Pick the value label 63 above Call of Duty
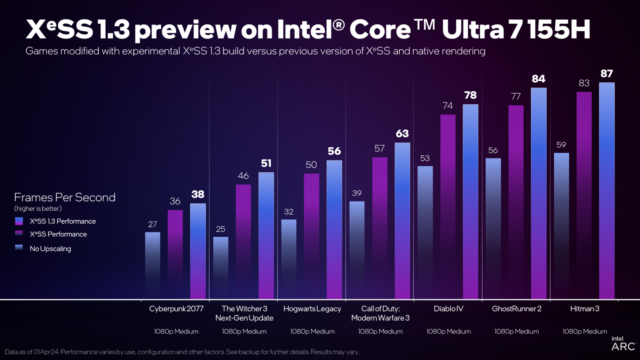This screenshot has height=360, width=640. click(x=402, y=134)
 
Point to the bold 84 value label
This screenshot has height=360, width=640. click(x=538, y=79)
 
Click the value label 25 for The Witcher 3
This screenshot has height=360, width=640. click(x=220, y=229)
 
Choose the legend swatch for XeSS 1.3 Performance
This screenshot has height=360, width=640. click(x=19, y=221)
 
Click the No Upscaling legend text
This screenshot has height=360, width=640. click(x=50, y=249)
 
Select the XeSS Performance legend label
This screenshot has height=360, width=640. click(x=58, y=234)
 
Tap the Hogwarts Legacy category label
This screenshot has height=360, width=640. click(x=312, y=309)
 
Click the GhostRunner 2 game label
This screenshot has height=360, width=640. click(x=516, y=309)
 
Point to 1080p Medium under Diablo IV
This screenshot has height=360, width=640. click(x=448, y=332)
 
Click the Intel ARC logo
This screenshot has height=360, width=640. click(x=623, y=344)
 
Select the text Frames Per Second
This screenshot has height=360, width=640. click(x=65, y=198)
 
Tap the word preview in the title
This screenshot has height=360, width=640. click(x=185, y=30)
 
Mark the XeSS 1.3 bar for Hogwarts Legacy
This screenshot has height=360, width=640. click(x=334, y=230)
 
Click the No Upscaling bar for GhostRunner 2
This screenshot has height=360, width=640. click(x=493, y=228)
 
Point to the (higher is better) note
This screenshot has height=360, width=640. click(x=38, y=209)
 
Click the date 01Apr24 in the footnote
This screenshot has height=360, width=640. click(x=46, y=352)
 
